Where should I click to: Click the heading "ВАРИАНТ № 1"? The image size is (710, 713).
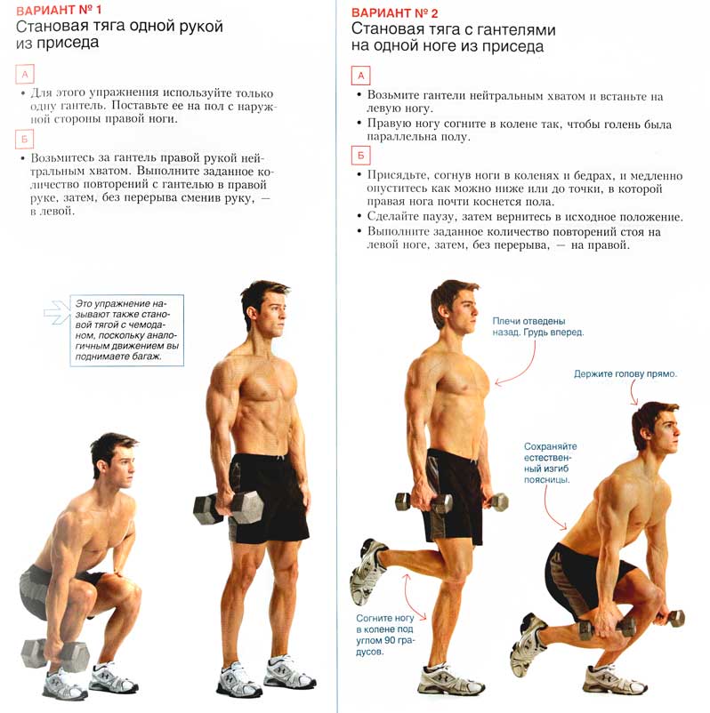point(59,11)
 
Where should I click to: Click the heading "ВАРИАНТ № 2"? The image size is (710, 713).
point(394,12)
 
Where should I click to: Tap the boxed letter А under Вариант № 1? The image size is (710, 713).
point(25,75)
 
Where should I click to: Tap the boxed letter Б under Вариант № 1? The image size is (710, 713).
point(25,140)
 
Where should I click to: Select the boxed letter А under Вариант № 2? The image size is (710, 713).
point(360,76)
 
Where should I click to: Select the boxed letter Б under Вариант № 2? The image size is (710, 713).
point(360,156)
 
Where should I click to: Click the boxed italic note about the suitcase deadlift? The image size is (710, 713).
point(126,330)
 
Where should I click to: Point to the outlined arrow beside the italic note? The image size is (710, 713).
point(57,312)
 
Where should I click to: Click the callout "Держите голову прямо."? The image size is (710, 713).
point(625,373)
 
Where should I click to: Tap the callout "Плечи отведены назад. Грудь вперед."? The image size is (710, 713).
point(538,326)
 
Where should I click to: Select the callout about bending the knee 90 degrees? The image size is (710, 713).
point(385,635)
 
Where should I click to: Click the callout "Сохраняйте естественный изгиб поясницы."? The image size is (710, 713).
point(550,463)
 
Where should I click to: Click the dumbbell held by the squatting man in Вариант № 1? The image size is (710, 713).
point(55,654)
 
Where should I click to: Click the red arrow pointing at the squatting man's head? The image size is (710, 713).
point(633,391)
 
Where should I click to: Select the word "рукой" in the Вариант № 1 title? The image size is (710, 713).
point(201,28)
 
